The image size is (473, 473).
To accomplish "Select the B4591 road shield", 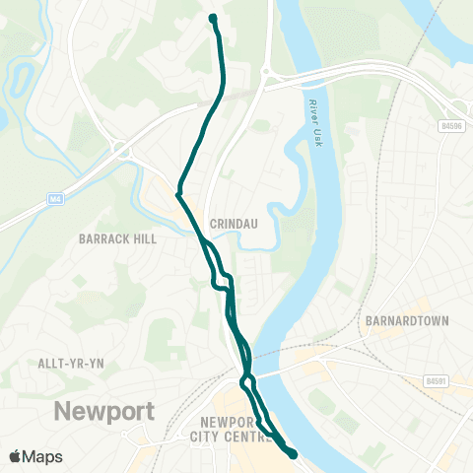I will (439, 379).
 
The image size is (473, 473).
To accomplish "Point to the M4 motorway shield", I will (56, 200).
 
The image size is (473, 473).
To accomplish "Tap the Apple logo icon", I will (15, 456).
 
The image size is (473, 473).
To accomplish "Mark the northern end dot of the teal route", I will (213, 17).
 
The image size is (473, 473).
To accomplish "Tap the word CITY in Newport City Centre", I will (204, 439).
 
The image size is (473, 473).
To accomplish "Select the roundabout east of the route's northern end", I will (267, 73).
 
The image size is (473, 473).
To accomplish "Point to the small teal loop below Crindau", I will (222, 281).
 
